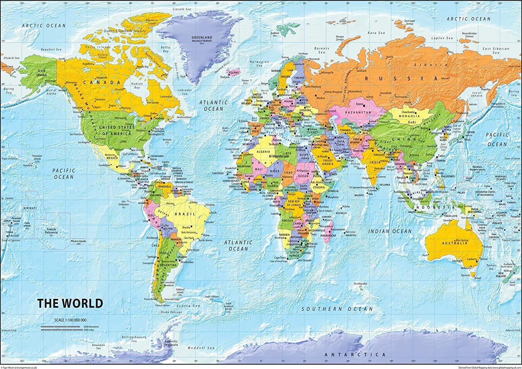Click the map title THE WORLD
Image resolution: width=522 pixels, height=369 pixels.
pos(70,303)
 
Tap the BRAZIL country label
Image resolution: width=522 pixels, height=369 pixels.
pos(183,214)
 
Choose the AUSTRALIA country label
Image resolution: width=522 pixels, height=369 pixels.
pos(454,243)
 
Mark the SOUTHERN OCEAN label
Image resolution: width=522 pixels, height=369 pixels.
pos(337,309)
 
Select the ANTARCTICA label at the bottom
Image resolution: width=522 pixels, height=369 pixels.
pos(350,354)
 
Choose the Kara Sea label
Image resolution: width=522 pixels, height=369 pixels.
pos(377,33)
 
